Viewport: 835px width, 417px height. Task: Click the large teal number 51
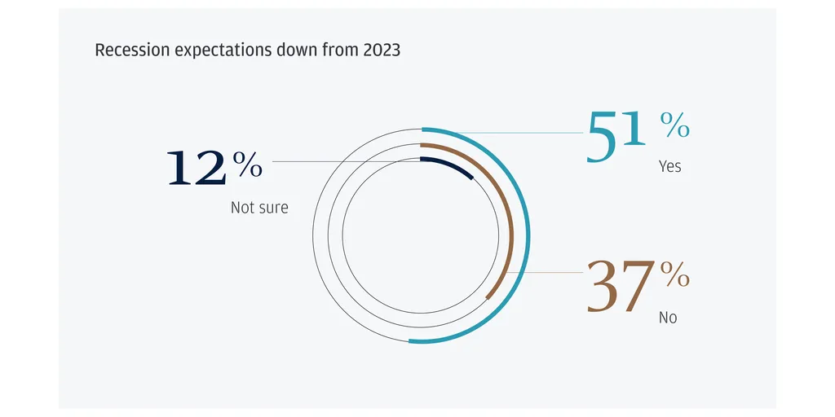pyautogui.click(x=616, y=136)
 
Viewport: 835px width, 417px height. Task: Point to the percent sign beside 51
pyautogui.click(x=674, y=125)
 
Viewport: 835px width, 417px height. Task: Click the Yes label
pyautogui.click(x=670, y=166)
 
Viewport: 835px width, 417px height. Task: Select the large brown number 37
pyautogui.click(x=621, y=286)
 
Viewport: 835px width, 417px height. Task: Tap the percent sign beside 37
pyautogui.click(x=674, y=275)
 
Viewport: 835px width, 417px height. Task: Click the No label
pyautogui.click(x=668, y=318)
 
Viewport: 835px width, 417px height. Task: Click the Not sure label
pyautogui.click(x=259, y=207)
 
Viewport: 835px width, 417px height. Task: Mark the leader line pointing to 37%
pyautogui.click(x=544, y=272)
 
